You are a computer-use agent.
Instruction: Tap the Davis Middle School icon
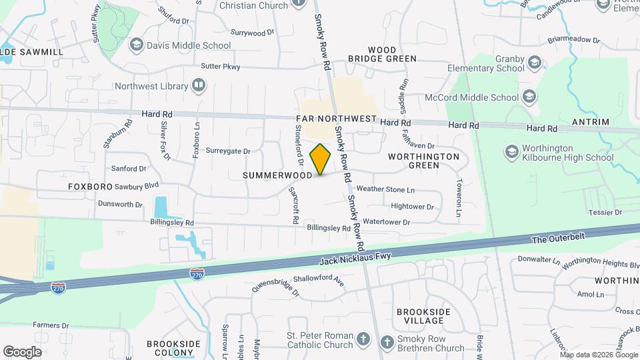pos(137,45)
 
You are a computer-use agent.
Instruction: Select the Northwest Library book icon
pos(198,85)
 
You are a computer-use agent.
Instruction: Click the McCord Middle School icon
pos(529,97)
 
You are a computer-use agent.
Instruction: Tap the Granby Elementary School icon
pos(534,63)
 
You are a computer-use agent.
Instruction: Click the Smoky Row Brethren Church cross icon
pos(387,343)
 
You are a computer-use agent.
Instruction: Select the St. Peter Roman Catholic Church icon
pos(364,339)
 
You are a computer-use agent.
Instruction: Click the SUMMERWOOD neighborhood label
pos(277,175)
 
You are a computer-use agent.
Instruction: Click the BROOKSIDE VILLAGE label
pos(423,316)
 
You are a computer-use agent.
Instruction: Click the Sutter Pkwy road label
pos(220,67)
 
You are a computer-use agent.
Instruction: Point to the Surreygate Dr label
pos(227,151)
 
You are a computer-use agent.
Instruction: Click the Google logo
pos(22,351)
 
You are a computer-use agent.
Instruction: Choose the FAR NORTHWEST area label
pos(337,119)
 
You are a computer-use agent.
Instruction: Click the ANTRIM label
pos(591,122)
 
